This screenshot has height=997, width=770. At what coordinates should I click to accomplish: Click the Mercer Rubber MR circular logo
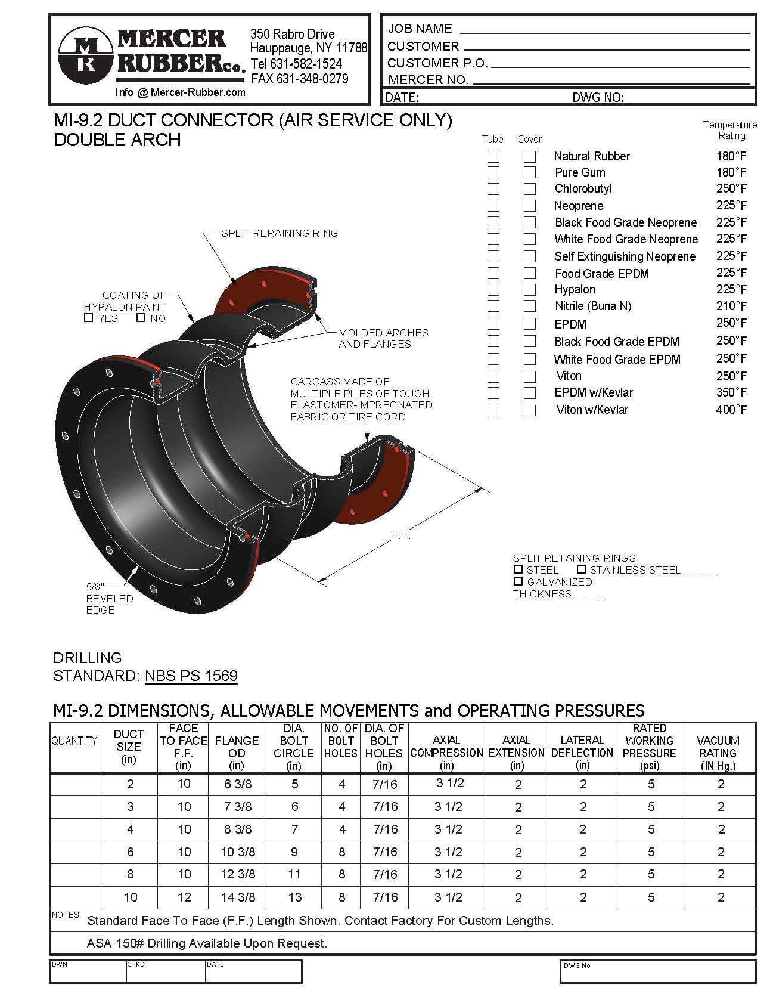pos(86,55)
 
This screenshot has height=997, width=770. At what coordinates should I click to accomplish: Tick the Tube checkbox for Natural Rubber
pos(493,157)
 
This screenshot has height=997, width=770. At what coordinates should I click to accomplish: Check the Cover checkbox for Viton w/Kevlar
pos(529,410)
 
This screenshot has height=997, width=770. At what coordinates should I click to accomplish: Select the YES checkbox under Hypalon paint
pos(89,318)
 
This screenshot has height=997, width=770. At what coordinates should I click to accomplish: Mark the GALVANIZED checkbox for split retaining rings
pos(518,581)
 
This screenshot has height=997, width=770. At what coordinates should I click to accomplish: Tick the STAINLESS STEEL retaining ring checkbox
pos(581,569)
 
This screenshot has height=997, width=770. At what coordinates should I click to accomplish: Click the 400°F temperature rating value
pos(731,410)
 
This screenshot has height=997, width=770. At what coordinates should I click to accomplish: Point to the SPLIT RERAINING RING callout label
pos(280,233)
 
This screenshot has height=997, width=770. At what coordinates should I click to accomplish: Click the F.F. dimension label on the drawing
pos(401,535)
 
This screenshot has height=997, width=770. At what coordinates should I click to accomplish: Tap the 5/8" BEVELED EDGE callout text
pos(109,598)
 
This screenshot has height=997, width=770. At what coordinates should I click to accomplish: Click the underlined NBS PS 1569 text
pos(191,676)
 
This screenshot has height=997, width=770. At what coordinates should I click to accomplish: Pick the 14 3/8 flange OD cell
pos(238,897)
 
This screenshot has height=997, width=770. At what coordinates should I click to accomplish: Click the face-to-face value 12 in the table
pos(184,897)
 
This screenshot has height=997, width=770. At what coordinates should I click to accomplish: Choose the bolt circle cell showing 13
pos(294,897)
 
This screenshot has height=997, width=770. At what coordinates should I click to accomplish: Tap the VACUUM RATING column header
pos(718,753)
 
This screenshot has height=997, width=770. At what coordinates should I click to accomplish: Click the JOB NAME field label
pos(420,29)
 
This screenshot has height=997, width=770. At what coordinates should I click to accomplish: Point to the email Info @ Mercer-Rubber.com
pos(180,92)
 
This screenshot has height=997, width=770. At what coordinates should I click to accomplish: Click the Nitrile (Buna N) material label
pos(592,306)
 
